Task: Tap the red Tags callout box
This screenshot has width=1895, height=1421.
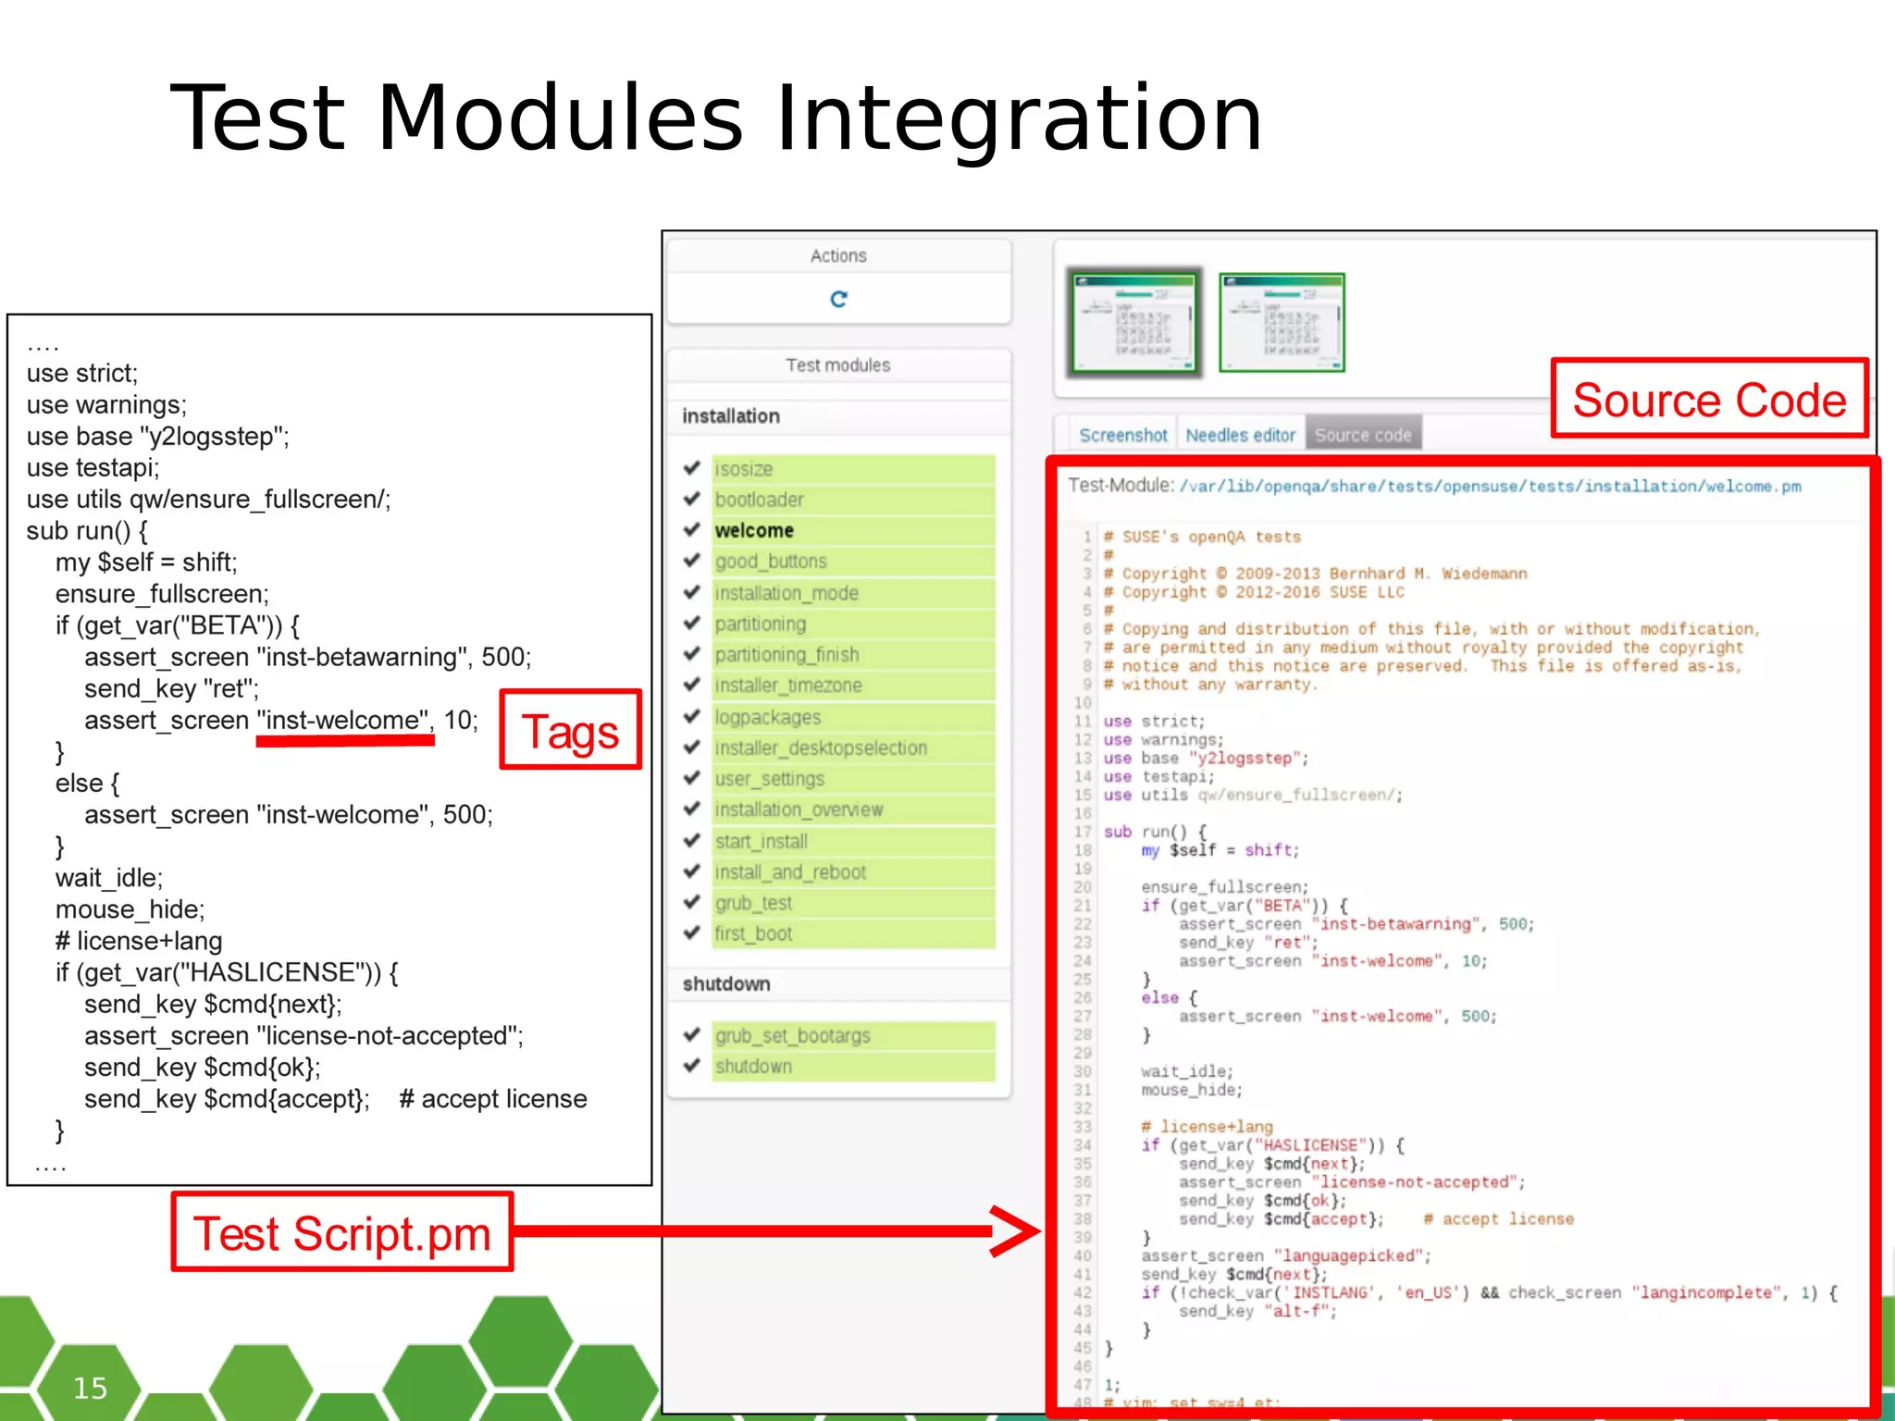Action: point(570,731)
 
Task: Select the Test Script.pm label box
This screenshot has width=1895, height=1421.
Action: point(341,1233)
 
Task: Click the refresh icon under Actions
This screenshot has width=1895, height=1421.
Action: point(838,299)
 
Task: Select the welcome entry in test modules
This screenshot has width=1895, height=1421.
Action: point(754,530)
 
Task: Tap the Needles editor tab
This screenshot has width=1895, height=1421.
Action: point(1240,435)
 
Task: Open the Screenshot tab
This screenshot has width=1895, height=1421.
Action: point(1122,435)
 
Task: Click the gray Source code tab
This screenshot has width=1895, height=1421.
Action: point(1362,435)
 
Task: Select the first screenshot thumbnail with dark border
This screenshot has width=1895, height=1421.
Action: point(1133,323)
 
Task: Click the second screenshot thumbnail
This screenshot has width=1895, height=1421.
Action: point(1282,323)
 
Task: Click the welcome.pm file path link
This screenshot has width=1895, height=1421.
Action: point(1490,487)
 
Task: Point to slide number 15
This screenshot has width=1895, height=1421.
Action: point(90,1387)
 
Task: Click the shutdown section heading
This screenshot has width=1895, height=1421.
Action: point(726,983)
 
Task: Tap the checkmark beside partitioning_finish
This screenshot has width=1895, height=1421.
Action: point(691,654)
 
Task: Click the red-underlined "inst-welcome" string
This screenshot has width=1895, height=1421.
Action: point(343,720)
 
